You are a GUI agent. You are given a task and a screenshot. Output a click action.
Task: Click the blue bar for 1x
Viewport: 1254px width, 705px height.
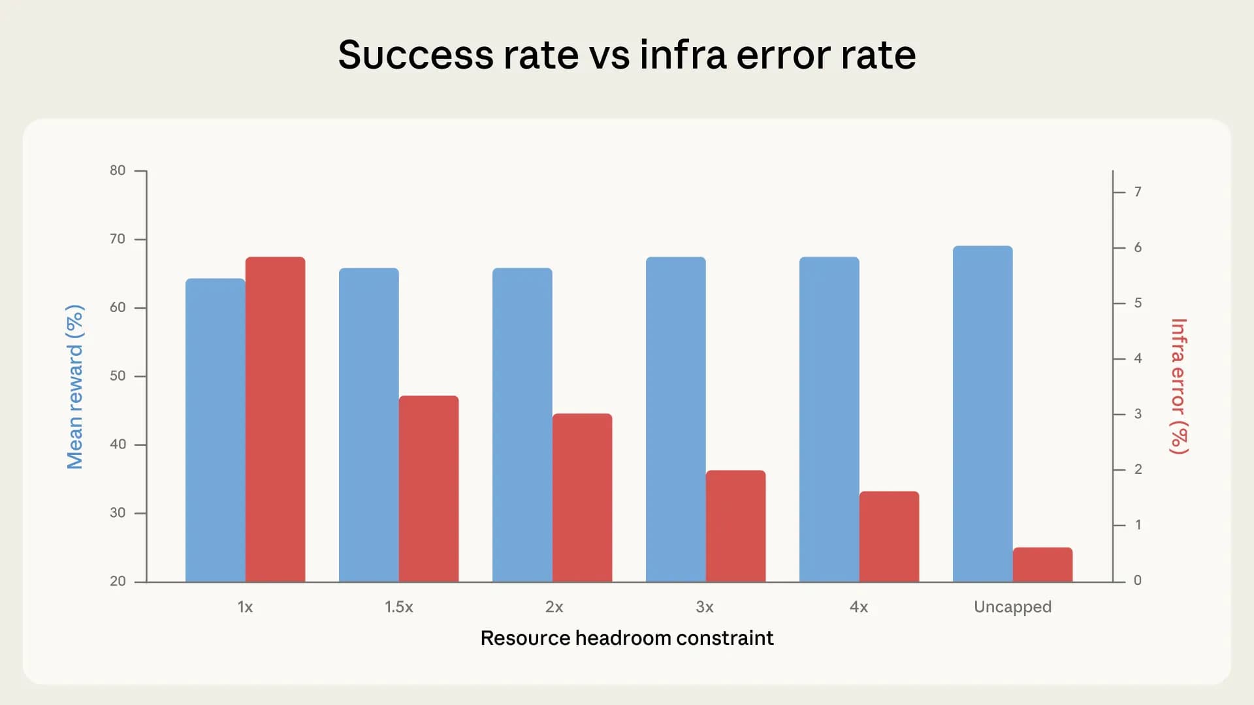(215, 430)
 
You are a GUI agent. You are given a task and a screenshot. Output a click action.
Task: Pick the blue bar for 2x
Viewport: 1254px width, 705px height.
(522, 424)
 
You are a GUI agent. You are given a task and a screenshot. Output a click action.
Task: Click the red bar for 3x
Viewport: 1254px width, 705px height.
(735, 525)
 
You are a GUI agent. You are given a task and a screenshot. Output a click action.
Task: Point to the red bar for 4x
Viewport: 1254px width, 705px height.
(889, 536)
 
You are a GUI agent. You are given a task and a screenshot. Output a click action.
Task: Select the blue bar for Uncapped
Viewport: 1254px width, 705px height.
(982, 414)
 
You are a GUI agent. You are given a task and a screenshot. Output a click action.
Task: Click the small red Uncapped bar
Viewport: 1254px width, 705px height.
(1042, 565)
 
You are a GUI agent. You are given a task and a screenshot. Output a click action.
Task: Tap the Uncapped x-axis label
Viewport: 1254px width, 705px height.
(1012, 607)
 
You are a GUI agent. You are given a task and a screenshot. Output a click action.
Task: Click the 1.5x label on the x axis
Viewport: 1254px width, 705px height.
(398, 607)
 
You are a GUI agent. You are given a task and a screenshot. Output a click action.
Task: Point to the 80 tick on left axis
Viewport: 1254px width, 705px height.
(118, 170)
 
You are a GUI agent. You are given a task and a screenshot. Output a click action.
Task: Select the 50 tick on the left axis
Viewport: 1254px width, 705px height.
(118, 376)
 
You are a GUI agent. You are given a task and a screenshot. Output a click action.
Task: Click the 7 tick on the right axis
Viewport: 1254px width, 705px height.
(1138, 192)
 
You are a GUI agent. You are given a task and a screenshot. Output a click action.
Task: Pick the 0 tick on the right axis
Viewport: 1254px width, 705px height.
(1138, 580)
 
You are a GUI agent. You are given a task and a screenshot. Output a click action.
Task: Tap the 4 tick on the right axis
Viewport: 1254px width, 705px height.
(1138, 358)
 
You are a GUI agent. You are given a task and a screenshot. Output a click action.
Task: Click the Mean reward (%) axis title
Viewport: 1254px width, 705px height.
(75, 386)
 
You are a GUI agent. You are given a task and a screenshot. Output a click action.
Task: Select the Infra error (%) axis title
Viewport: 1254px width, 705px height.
(1179, 386)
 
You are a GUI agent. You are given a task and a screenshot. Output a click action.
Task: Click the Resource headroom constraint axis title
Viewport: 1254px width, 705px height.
(626, 638)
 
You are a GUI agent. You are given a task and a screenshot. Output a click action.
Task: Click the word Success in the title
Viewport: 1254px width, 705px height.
(415, 55)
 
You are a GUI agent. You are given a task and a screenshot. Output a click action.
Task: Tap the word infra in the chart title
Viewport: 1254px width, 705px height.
(683, 55)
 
